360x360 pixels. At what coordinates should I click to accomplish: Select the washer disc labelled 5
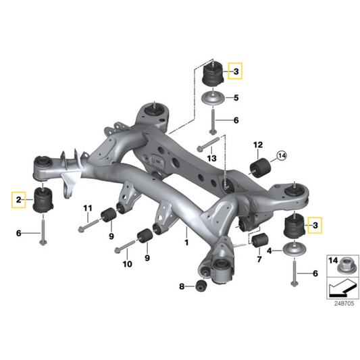(x=215, y=99)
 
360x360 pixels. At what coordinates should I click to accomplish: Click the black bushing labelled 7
(x=263, y=240)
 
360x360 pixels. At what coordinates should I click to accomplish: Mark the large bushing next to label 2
(x=43, y=201)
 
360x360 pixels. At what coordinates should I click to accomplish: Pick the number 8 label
(x=182, y=287)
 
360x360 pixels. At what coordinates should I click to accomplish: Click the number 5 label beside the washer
(x=236, y=98)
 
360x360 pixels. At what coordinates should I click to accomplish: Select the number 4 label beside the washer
(x=270, y=251)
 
